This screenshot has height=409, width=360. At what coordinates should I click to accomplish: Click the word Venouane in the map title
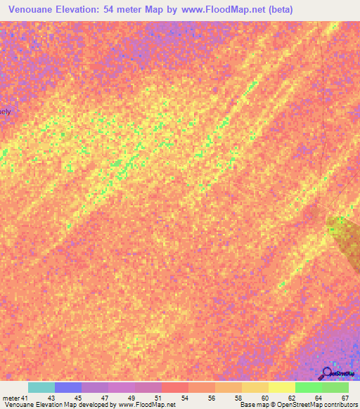tap(34, 10)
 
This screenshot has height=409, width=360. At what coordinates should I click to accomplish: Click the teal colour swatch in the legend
tap(41, 387)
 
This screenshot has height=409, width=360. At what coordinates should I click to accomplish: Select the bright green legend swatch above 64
tap(309, 387)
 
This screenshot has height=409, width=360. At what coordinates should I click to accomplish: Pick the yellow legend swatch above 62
tap(282, 387)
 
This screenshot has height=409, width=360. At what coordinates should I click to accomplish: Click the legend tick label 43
tap(51, 397)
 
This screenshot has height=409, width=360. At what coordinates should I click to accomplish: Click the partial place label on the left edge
tap(6, 112)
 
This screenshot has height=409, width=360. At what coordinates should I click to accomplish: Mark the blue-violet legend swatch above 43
tap(68, 387)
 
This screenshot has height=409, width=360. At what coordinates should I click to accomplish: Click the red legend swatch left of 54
tap(175, 387)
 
